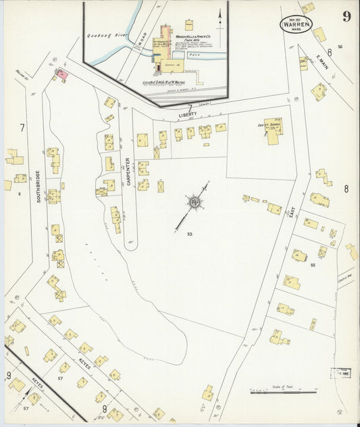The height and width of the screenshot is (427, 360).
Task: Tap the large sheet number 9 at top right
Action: pos(346,16)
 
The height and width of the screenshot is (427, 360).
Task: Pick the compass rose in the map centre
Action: pos(195,201)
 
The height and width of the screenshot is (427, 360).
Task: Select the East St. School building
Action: pos(273,130)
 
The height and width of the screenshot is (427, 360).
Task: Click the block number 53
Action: pos(191,234)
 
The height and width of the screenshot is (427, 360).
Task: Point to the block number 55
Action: pos(312,266)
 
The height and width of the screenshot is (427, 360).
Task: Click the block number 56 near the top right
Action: pos(340,47)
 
